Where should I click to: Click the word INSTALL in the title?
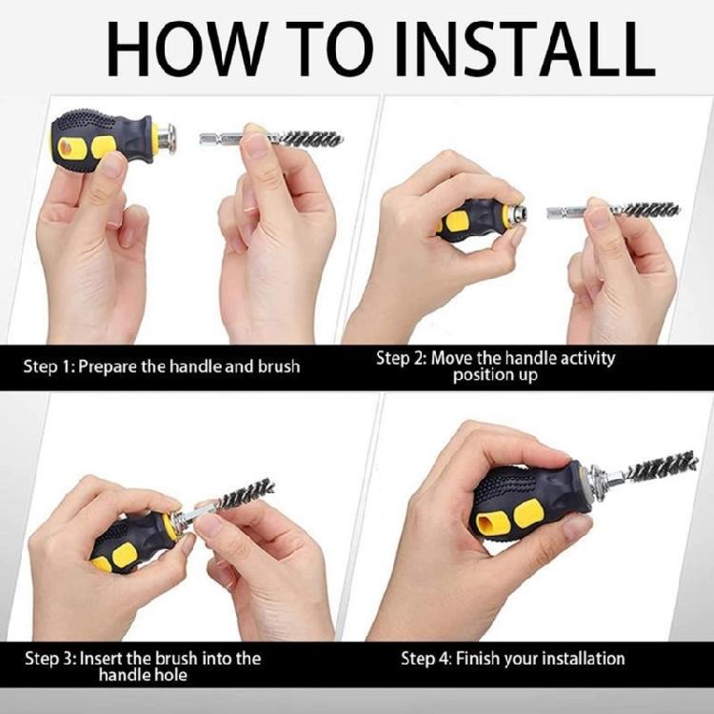[525, 49]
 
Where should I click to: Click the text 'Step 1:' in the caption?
[49, 367]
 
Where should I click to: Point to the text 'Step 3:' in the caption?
[50, 659]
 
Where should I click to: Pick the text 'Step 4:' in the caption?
[426, 659]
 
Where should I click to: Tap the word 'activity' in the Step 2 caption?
[587, 359]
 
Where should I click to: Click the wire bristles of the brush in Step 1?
[311, 138]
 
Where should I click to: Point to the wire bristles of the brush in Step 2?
[649, 210]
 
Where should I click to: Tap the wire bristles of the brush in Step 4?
[663, 466]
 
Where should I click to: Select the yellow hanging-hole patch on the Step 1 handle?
[70, 149]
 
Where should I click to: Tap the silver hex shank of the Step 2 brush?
[567, 211]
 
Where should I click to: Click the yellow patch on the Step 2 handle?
[456, 221]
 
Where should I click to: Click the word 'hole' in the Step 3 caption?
[169, 675]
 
